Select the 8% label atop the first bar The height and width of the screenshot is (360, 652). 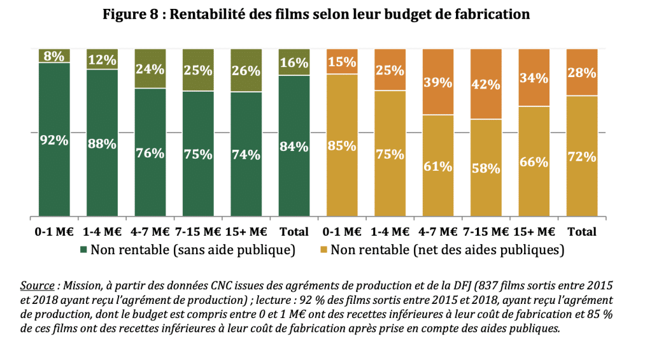(x=54, y=56)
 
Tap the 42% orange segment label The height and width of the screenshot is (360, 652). (x=486, y=83)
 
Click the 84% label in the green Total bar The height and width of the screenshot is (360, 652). (x=294, y=147)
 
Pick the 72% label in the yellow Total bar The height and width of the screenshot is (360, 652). (x=582, y=157)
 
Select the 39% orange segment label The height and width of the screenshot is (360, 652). (x=439, y=82)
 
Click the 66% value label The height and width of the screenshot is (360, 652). (x=534, y=161)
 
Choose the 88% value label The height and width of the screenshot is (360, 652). (x=102, y=144)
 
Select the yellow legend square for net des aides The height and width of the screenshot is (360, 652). (x=322, y=250)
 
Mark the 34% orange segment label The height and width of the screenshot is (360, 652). (x=534, y=78)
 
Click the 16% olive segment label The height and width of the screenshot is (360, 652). (x=294, y=62)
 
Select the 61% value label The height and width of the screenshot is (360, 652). (x=439, y=166)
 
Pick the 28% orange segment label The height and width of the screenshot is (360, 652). (x=582, y=73)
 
